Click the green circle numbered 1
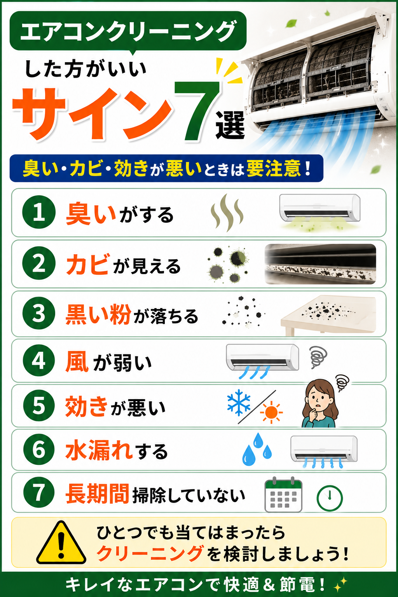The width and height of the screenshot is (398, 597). [x=39, y=212]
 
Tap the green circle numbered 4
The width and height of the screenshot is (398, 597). [x=39, y=361]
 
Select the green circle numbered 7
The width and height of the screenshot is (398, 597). [x=39, y=492]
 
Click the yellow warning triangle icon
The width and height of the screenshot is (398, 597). [x=61, y=543]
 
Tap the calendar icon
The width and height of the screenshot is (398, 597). [x=283, y=495]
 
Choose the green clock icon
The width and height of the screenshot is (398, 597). [x=330, y=498]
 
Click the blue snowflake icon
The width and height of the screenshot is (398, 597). [x=239, y=402]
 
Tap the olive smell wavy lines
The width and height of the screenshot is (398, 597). [x=227, y=213]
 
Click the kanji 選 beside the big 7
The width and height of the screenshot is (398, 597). [x=230, y=125]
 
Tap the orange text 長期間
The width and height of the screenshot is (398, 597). [x=98, y=493]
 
